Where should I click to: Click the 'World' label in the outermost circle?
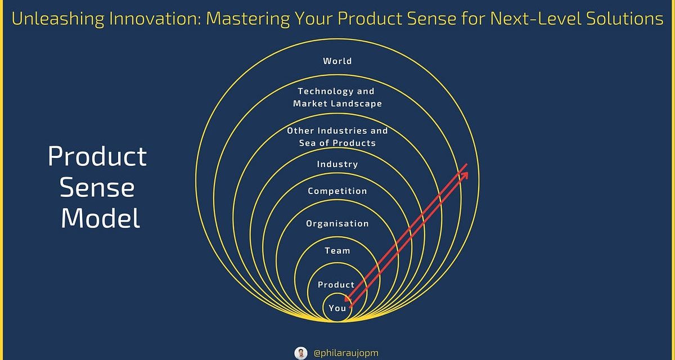[x=337, y=61]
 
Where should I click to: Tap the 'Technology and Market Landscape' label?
[x=337, y=97]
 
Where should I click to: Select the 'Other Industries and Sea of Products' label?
[x=337, y=137]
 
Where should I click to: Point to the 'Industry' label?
[x=337, y=164]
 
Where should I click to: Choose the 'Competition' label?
[x=337, y=191]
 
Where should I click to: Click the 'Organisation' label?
[x=337, y=224]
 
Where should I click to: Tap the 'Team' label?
[x=337, y=251]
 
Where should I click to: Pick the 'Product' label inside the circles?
[x=336, y=285]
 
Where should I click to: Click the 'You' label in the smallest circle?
[x=337, y=308]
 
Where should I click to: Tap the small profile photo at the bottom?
[x=301, y=353]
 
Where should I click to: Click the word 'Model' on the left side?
[x=100, y=218]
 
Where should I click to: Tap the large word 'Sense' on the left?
[x=97, y=187]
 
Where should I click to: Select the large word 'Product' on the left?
[x=97, y=157]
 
